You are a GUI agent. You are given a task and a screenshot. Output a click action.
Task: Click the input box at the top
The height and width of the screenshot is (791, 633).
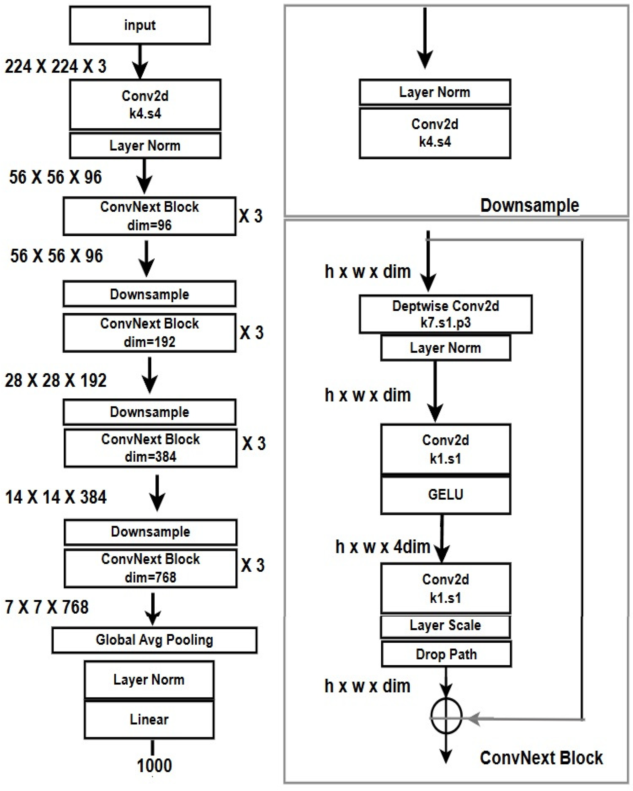[140, 25]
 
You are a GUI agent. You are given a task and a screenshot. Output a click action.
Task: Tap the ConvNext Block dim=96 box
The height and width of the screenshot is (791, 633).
[149, 216]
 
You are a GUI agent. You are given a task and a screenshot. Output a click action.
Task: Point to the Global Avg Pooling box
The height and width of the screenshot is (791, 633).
[154, 640]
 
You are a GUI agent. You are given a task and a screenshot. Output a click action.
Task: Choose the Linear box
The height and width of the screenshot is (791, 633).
[149, 719]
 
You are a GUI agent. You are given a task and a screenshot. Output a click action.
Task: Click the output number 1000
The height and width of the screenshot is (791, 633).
[154, 766]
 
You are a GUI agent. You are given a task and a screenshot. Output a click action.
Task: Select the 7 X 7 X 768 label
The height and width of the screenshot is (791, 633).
[47, 607]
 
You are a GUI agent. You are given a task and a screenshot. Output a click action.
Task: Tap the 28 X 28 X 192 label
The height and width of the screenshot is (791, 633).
[55, 380]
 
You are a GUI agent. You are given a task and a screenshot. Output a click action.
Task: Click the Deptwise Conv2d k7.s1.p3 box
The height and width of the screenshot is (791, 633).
[445, 314]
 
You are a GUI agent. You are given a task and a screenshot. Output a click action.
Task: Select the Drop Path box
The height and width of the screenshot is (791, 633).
[446, 654]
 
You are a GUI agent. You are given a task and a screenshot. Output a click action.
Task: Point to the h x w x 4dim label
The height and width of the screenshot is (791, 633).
[383, 547]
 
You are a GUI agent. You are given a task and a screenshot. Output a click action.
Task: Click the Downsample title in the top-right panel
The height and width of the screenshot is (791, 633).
[530, 205]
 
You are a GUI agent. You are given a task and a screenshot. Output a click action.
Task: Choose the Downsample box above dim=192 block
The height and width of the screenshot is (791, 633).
[149, 294]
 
